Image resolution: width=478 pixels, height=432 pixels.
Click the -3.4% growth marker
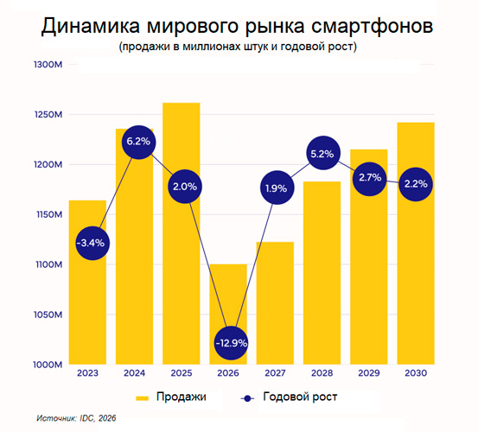click(x=90, y=243)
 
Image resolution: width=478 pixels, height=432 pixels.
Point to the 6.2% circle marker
click(x=137, y=140)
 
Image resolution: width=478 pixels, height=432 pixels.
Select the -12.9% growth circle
click(x=231, y=343)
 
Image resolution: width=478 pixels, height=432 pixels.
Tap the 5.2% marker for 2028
click(x=322, y=154)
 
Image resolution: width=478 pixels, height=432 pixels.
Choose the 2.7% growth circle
click(x=369, y=177)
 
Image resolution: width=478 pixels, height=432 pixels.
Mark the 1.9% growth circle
click(x=277, y=187)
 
